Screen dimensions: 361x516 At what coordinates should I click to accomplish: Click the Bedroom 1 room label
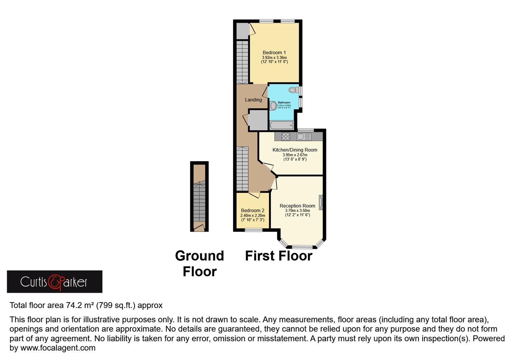pyautogui.click(x=274, y=52)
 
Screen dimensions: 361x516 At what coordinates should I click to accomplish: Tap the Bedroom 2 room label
pyautogui.click(x=253, y=210)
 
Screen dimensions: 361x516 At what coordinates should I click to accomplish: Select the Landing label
pyautogui.click(x=253, y=100)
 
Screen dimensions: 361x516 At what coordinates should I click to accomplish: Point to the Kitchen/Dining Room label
pyautogui.click(x=295, y=150)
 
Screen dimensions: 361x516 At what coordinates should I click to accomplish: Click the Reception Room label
pyautogui.click(x=297, y=206)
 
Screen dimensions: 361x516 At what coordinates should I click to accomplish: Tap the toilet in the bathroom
pyautogui.click(x=293, y=90)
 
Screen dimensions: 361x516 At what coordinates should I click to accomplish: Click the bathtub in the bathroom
pyautogui.click(x=281, y=125)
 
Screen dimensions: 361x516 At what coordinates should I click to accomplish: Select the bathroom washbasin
pyautogui.click(x=273, y=106)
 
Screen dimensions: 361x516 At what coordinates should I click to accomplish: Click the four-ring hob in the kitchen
pyautogui.click(x=286, y=136)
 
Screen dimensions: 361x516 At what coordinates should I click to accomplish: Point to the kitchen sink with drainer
pyautogui.click(x=303, y=136)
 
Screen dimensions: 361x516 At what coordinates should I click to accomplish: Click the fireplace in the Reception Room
pyautogui.click(x=321, y=202)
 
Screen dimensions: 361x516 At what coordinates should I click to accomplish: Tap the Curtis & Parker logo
pyautogui.click(x=54, y=282)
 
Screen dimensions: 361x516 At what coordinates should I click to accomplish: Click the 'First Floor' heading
pyautogui.click(x=278, y=256)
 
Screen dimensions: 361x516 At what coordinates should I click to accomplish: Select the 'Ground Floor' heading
pyautogui.click(x=200, y=263)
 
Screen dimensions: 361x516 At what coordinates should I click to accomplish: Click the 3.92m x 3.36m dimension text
pyautogui.click(x=274, y=57)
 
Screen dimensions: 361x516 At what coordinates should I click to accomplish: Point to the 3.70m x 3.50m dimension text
pyautogui.click(x=297, y=211)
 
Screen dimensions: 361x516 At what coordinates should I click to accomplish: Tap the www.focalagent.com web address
pyautogui.click(x=58, y=348)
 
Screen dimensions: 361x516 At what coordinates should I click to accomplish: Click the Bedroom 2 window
pyautogui.click(x=254, y=230)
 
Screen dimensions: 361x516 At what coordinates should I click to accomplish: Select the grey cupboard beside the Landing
pyautogui.click(x=258, y=120)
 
